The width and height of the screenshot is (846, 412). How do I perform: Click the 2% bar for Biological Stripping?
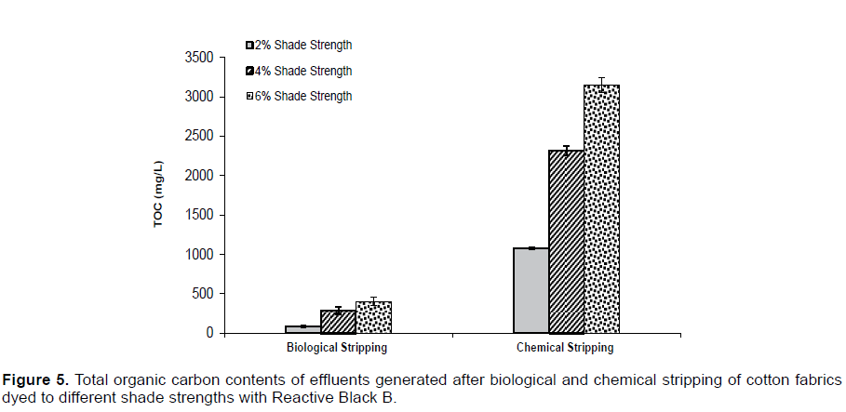pos(302,329)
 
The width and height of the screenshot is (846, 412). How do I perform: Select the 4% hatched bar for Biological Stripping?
pos(338,322)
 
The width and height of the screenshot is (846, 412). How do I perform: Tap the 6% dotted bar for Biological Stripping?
pos(373,317)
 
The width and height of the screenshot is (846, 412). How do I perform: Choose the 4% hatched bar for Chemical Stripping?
pos(566,242)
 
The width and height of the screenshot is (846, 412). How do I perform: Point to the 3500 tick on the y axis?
pos(200,58)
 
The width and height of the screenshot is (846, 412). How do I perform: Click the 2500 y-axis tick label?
pos(200,136)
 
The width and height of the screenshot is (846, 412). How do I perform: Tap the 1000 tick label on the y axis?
pos(200,254)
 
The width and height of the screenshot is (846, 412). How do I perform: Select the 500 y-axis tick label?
pos(204,294)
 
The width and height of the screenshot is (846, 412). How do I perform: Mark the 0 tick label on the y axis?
pos(210,333)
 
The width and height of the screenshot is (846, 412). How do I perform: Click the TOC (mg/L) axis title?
pos(161,195)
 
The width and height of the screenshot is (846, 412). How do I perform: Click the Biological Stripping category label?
pos(337,348)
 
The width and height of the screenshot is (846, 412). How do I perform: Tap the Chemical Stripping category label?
pos(565,348)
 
